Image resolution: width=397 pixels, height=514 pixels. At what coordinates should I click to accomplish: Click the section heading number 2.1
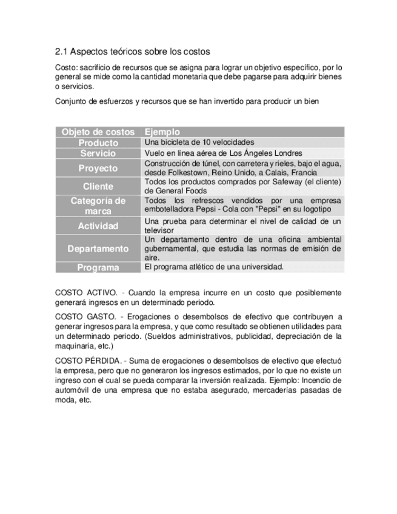[x=61, y=52]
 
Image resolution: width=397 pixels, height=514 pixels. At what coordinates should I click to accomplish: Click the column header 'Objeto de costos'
[x=98, y=132]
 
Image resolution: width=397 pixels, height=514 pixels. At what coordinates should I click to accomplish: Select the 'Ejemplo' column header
[x=162, y=132]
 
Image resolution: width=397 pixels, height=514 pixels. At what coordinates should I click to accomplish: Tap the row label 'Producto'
[x=98, y=142]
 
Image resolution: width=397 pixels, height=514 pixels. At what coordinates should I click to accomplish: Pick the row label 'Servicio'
[x=98, y=153]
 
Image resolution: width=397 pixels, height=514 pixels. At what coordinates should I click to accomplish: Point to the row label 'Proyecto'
[x=98, y=168]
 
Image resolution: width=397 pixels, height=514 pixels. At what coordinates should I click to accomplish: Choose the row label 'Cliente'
[x=98, y=186]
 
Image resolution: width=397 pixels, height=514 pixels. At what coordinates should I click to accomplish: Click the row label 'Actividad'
[x=98, y=226]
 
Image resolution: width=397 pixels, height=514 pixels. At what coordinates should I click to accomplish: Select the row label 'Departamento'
[x=98, y=249]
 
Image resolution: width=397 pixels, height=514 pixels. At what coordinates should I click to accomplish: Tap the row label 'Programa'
[x=98, y=267]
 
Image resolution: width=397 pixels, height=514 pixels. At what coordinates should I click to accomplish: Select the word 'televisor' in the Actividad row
[x=159, y=231]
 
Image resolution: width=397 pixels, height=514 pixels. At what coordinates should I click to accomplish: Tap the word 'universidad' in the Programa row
[x=264, y=267]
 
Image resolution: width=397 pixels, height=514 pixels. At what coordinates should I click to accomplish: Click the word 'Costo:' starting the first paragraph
[x=67, y=67]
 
